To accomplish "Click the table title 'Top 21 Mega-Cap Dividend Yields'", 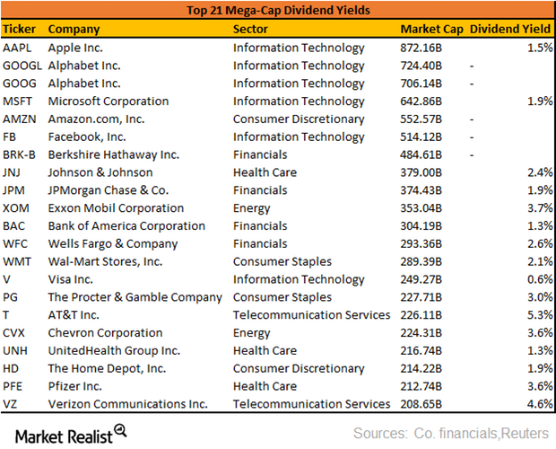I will [278, 11].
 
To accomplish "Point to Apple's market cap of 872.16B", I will [431, 48].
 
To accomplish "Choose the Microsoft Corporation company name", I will [108, 101].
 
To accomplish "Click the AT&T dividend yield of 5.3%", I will [537, 315].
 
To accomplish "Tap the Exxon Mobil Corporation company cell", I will [116, 208].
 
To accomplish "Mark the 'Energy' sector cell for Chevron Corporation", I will [253, 333].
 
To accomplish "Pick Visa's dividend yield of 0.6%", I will [537, 279].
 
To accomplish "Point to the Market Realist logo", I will [66, 434].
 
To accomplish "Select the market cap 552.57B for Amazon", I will [431, 119].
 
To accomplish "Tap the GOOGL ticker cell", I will [23, 66].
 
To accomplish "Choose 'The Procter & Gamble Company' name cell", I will [135, 297].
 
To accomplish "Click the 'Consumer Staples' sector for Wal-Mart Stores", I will [282, 261].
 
